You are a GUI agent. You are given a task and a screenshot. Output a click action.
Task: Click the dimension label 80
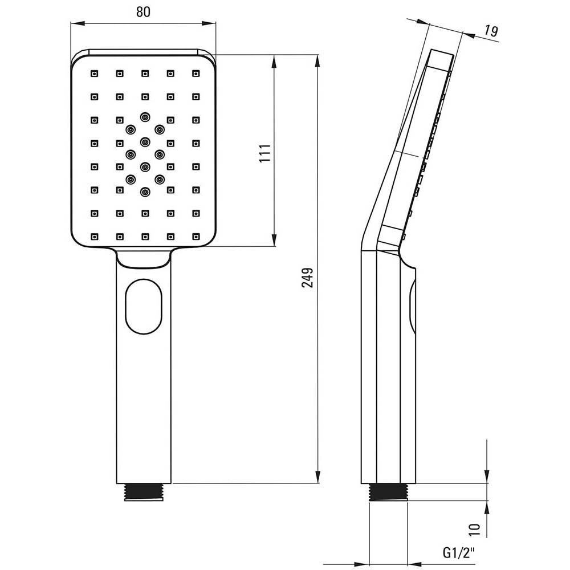pos(143,11)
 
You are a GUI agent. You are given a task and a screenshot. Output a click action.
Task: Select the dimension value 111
pos(266,153)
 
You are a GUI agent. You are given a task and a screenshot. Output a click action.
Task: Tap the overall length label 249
pos(308,278)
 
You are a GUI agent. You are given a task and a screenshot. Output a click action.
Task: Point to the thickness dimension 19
pos(491,31)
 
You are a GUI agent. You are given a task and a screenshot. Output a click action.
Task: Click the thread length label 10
pos(474,530)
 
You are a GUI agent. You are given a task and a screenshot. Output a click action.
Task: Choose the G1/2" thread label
pos(459,553)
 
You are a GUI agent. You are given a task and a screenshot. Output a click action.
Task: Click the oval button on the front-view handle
pos(144,306)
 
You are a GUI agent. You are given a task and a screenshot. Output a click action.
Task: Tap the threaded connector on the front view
pos(144,492)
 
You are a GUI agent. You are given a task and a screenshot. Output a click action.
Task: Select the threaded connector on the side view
pos(388,492)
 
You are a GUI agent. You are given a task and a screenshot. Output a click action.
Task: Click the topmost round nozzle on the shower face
pos(145,117)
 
